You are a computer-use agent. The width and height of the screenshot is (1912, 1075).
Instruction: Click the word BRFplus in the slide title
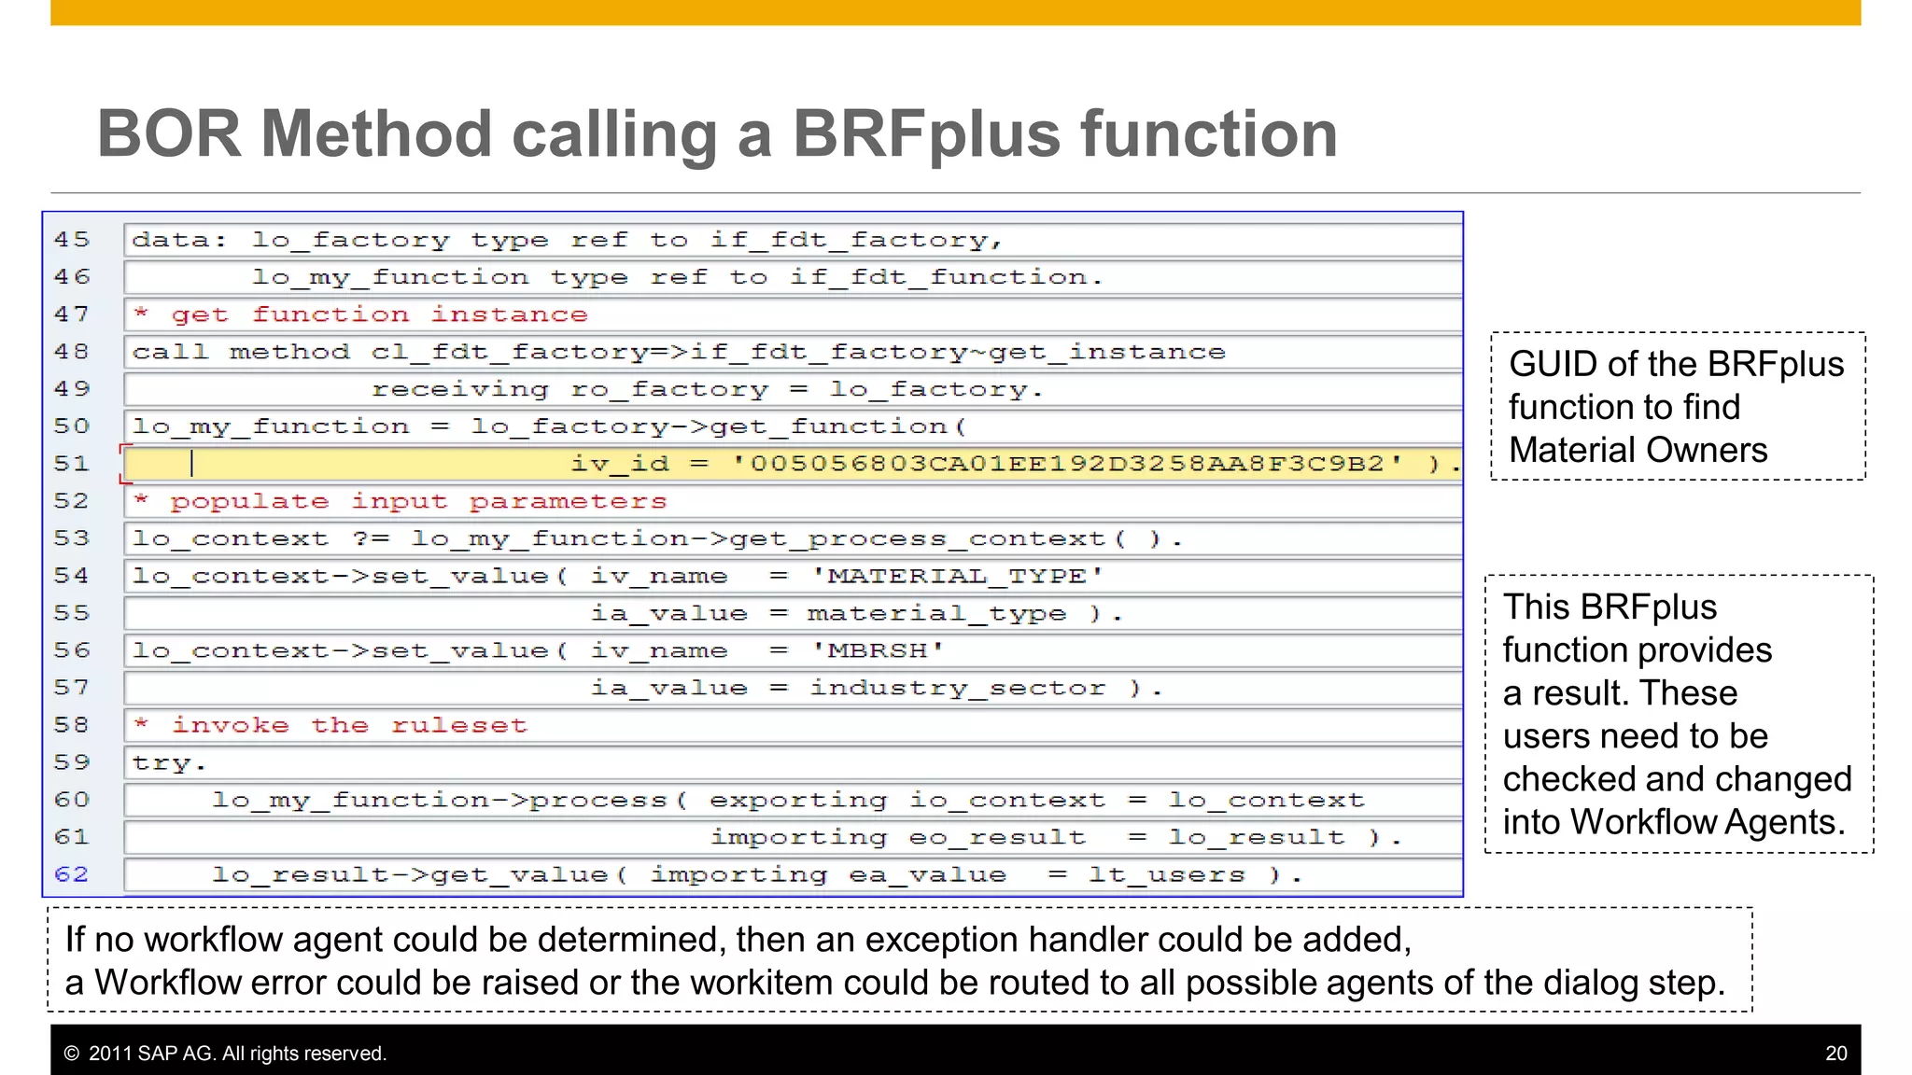point(927,133)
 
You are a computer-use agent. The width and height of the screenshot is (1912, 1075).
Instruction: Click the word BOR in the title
point(169,133)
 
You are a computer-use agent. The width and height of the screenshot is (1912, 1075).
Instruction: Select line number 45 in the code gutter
point(72,240)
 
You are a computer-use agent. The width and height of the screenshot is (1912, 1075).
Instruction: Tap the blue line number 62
point(72,874)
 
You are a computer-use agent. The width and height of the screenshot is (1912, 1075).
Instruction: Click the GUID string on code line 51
point(1067,464)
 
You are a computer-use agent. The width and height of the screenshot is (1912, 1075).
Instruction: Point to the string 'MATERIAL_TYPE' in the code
point(957,576)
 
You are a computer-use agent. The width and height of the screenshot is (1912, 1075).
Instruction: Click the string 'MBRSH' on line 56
point(878,650)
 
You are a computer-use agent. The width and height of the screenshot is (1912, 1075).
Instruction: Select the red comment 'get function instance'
point(379,314)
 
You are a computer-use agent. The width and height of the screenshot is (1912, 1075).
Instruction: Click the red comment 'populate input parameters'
point(418,501)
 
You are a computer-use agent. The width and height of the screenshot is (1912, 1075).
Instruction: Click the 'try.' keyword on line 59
point(168,762)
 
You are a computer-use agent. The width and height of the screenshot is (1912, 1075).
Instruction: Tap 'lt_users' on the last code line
point(1166,874)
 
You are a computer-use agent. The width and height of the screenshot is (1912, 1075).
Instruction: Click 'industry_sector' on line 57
point(957,688)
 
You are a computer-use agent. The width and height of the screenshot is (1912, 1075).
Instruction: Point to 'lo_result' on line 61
point(1256,837)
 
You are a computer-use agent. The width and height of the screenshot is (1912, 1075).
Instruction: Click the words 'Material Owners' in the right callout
point(1638,450)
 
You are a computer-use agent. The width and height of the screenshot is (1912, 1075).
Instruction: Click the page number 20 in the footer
point(1835,1054)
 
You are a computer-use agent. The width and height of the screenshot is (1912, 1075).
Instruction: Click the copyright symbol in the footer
point(72,1054)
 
